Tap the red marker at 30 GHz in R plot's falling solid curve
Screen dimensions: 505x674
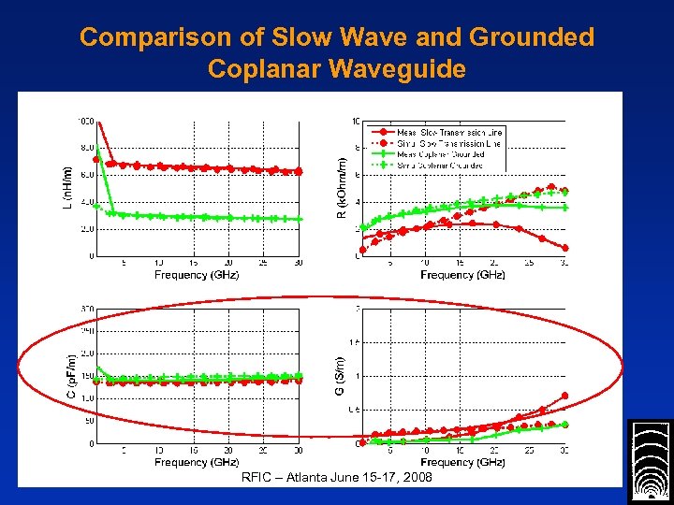click(x=564, y=248)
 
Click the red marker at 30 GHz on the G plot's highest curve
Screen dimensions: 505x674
click(x=564, y=396)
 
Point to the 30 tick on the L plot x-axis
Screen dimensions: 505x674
click(x=298, y=264)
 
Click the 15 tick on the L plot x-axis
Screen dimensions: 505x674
click(x=192, y=264)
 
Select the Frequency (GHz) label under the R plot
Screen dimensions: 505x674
click(x=462, y=275)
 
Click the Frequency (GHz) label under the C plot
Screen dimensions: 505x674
click(x=198, y=463)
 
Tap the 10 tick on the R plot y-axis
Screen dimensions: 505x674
click(x=356, y=122)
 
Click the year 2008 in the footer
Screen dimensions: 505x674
click(x=417, y=477)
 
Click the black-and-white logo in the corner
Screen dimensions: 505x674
click(x=649, y=462)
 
